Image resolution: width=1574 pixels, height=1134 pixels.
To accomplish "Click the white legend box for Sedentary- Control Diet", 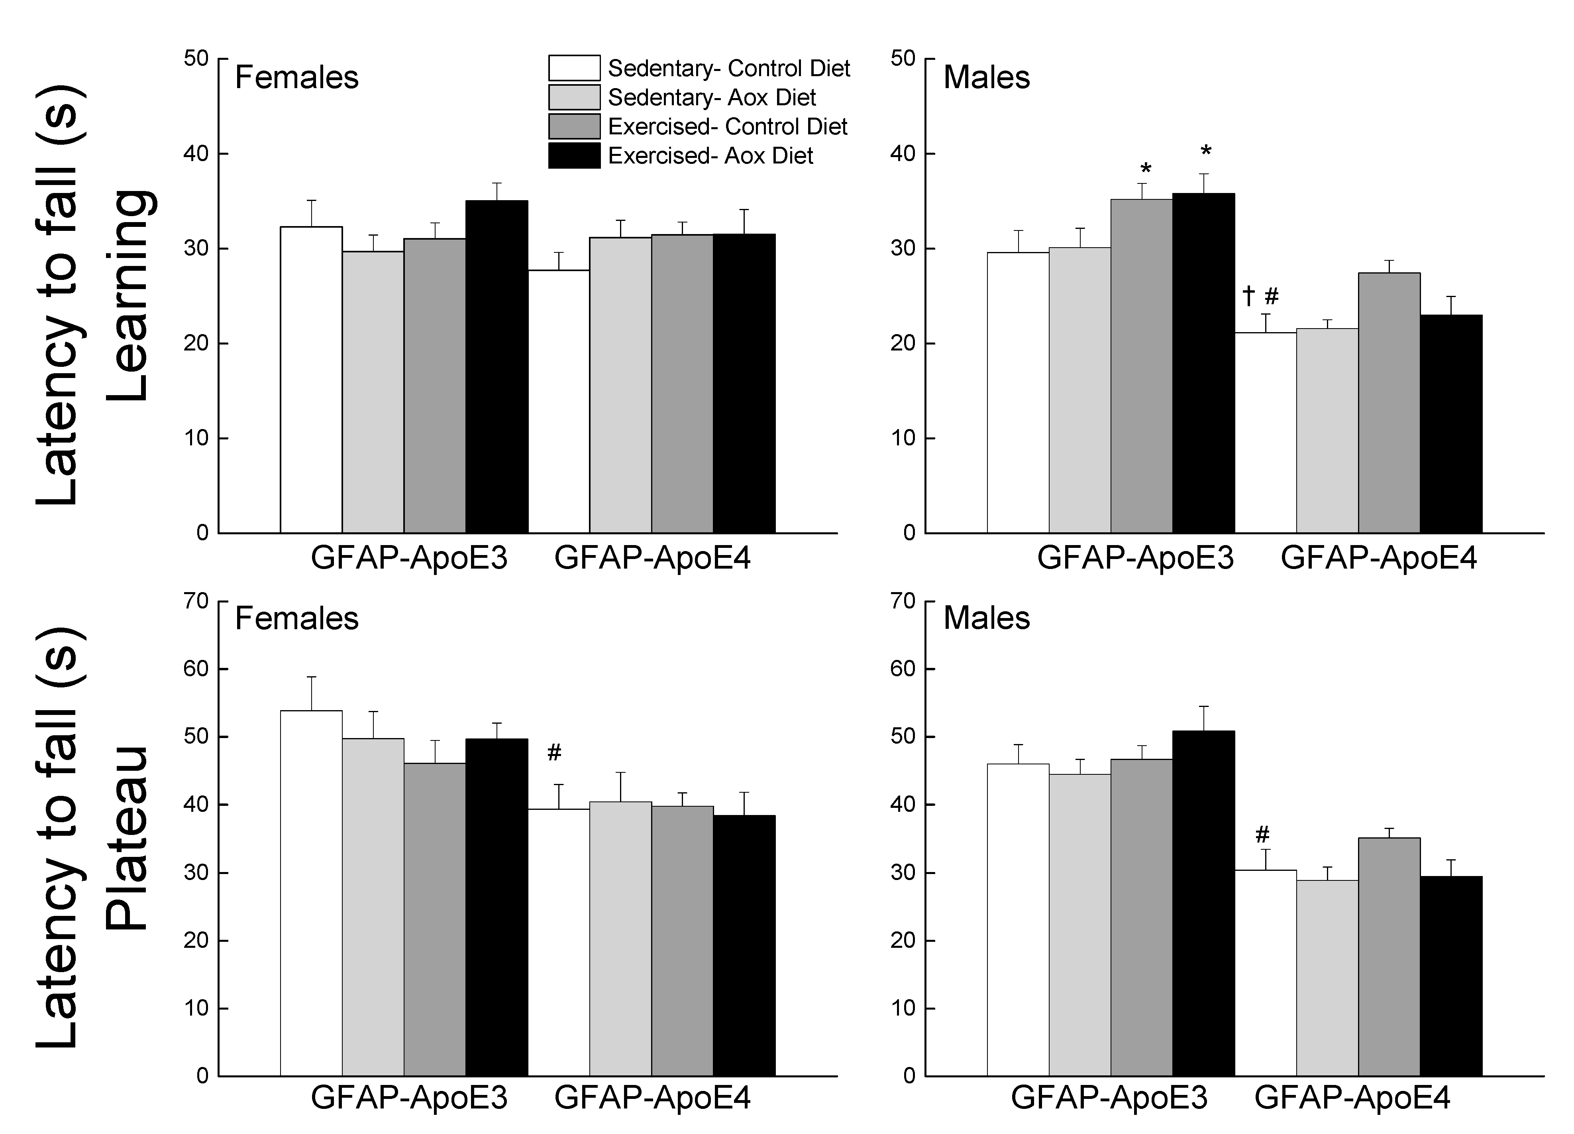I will coord(574,68).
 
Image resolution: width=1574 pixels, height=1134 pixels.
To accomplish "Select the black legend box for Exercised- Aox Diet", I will coord(574,156).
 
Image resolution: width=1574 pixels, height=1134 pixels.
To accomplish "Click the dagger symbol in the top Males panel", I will coord(1248,297).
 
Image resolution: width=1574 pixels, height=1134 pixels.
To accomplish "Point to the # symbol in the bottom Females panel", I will coord(554,752).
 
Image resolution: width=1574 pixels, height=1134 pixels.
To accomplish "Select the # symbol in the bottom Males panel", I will coord(1262,834).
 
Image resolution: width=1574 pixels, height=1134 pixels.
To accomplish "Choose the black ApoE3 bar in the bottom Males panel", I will coord(1203,903).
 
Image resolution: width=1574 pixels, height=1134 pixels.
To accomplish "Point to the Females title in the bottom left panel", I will coord(296,618).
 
